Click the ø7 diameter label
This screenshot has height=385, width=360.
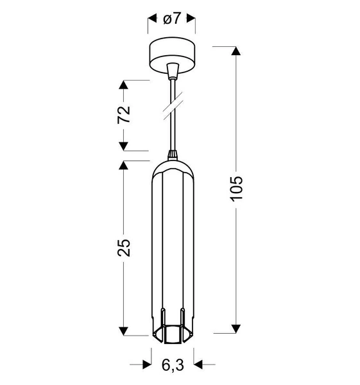(172, 20)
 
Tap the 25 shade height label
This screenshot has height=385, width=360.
(124, 247)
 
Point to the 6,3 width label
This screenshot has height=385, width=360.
(172, 365)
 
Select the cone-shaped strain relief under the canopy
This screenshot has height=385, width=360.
(172, 69)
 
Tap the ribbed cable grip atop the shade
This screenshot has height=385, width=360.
(172, 155)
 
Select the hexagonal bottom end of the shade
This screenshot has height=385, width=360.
(172, 334)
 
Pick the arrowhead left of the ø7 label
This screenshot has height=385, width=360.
(152, 20)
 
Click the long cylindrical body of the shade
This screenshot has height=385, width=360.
(172, 244)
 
